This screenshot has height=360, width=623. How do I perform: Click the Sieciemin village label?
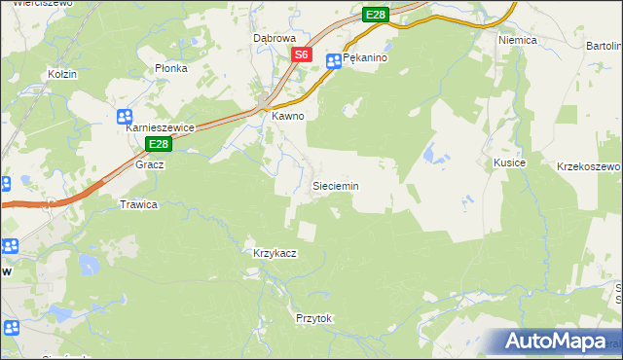(x=335, y=185)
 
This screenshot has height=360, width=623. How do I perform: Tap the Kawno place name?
(x=288, y=116)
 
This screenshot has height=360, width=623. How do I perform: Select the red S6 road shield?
(x=302, y=55)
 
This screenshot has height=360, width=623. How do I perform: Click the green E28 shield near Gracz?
(x=160, y=144)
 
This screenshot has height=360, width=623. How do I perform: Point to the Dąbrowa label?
(x=274, y=38)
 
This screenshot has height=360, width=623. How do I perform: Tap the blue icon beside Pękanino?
(x=333, y=60)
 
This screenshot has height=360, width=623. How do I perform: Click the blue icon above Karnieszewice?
(x=125, y=117)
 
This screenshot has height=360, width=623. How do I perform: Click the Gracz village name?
(x=150, y=164)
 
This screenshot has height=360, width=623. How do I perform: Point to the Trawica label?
(x=138, y=204)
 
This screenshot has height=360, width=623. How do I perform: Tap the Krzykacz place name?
(x=275, y=253)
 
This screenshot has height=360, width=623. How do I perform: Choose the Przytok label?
(x=313, y=318)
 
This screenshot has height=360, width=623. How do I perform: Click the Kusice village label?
(x=509, y=162)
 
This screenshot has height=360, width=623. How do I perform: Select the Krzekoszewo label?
(x=589, y=167)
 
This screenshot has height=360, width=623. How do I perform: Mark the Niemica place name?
(x=518, y=41)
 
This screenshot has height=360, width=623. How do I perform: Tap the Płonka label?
(x=170, y=69)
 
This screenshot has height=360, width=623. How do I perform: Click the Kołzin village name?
(x=62, y=74)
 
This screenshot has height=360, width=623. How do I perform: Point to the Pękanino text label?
(x=366, y=59)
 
